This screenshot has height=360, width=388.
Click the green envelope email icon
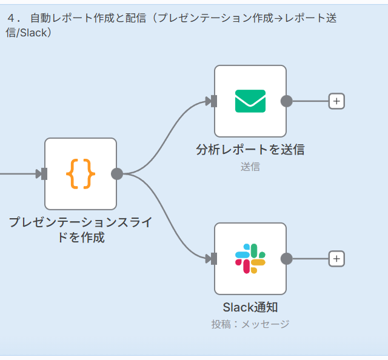click(250, 101)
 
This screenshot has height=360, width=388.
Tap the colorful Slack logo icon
click(250, 259)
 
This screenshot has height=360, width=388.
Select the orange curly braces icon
click(81, 174)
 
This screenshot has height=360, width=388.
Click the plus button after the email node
click(336, 101)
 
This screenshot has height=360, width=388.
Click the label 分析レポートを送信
click(250, 149)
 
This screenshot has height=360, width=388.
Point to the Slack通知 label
click(250, 307)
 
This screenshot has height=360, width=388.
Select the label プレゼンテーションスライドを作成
click(81, 230)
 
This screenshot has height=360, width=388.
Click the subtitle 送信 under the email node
click(250, 167)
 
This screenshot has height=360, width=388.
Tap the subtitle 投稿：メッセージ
click(250, 324)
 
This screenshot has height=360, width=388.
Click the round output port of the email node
click(287, 101)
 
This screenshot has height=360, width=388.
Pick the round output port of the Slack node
click(287, 259)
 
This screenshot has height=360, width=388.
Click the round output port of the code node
click(117, 174)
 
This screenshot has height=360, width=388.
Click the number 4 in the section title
click(10, 18)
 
